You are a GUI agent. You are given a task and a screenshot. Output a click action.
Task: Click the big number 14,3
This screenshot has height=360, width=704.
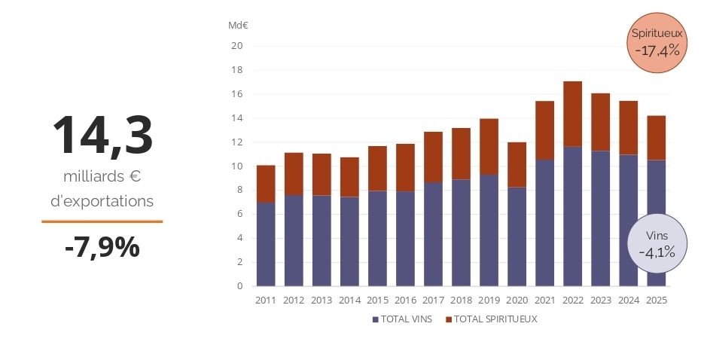[x=102, y=136]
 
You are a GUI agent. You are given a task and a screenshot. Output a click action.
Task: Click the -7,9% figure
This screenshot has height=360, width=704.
[x=102, y=246]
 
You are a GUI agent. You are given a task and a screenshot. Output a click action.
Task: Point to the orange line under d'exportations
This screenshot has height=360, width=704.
[x=102, y=221]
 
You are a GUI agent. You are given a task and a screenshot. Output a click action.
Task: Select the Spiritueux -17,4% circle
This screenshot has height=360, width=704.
[x=657, y=43]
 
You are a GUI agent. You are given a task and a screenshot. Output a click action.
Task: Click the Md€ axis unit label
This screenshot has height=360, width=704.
[x=239, y=25]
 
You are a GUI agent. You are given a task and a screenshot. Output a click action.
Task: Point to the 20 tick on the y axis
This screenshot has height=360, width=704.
[x=237, y=46]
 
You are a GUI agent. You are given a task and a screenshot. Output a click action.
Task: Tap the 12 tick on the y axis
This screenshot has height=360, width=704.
[x=237, y=142]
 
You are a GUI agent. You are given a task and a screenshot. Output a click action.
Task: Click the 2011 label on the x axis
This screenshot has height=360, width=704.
[x=266, y=301]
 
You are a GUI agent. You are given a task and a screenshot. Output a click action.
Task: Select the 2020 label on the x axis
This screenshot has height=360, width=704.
[x=517, y=301]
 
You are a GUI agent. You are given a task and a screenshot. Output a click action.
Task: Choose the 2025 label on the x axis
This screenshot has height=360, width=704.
[x=656, y=301]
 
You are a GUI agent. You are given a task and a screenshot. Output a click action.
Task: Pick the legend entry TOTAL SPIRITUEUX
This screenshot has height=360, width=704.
[x=495, y=319]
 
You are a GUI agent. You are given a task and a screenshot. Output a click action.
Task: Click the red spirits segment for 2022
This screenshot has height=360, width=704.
[x=572, y=114]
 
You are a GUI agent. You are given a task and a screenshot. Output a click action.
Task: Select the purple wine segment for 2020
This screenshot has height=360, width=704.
[x=517, y=236]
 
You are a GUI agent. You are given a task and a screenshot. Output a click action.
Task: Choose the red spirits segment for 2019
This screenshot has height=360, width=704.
[x=489, y=147]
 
